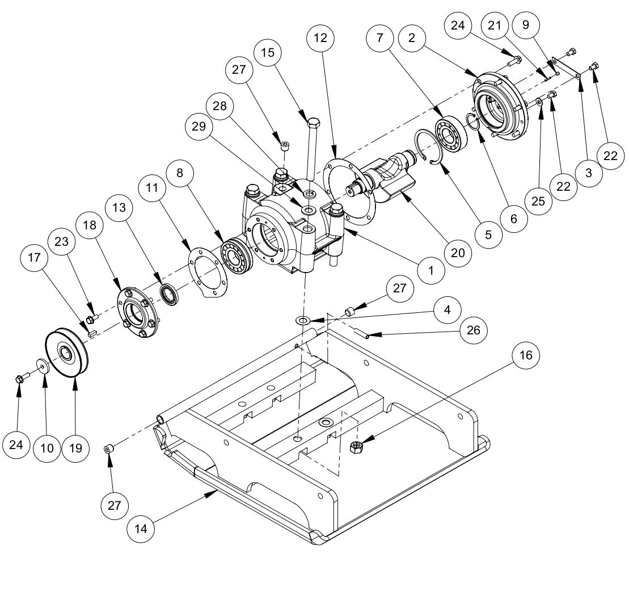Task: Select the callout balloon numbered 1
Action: click(432, 270)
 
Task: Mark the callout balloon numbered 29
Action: click(199, 127)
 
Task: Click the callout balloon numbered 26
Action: click(476, 330)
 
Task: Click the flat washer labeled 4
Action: click(303, 321)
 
